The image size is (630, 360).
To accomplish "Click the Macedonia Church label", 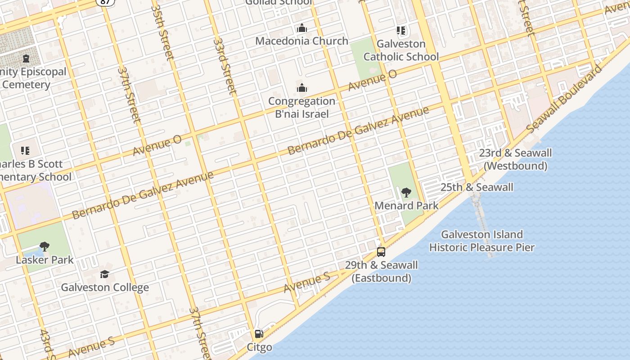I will click(x=301, y=41).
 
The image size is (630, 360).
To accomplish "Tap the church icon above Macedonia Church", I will click(x=301, y=28).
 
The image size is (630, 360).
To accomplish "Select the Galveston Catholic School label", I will click(x=401, y=50).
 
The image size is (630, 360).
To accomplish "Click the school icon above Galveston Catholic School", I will click(x=401, y=31).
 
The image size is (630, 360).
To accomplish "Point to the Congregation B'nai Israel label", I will click(x=301, y=108).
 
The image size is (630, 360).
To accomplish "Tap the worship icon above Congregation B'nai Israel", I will click(x=301, y=88).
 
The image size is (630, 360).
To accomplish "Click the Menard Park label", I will click(x=406, y=206).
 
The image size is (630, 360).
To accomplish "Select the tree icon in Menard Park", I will click(x=406, y=193).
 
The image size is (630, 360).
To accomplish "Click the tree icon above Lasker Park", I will click(x=44, y=246).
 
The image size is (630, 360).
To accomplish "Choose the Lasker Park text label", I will click(x=44, y=260).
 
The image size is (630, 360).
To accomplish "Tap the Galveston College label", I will click(x=104, y=287).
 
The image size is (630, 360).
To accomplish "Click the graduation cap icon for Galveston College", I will click(x=104, y=274).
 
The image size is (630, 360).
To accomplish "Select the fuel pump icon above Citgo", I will click(x=259, y=334).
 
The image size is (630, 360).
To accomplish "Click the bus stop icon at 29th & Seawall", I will click(x=381, y=252).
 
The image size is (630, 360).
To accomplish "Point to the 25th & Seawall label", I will click(x=477, y=187).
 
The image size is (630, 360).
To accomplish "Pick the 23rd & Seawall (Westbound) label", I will click(x=515, y=159).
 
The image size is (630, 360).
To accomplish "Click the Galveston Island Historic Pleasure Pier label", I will click(x=481, y=241).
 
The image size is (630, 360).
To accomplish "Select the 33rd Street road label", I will click(x=225, y=66).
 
